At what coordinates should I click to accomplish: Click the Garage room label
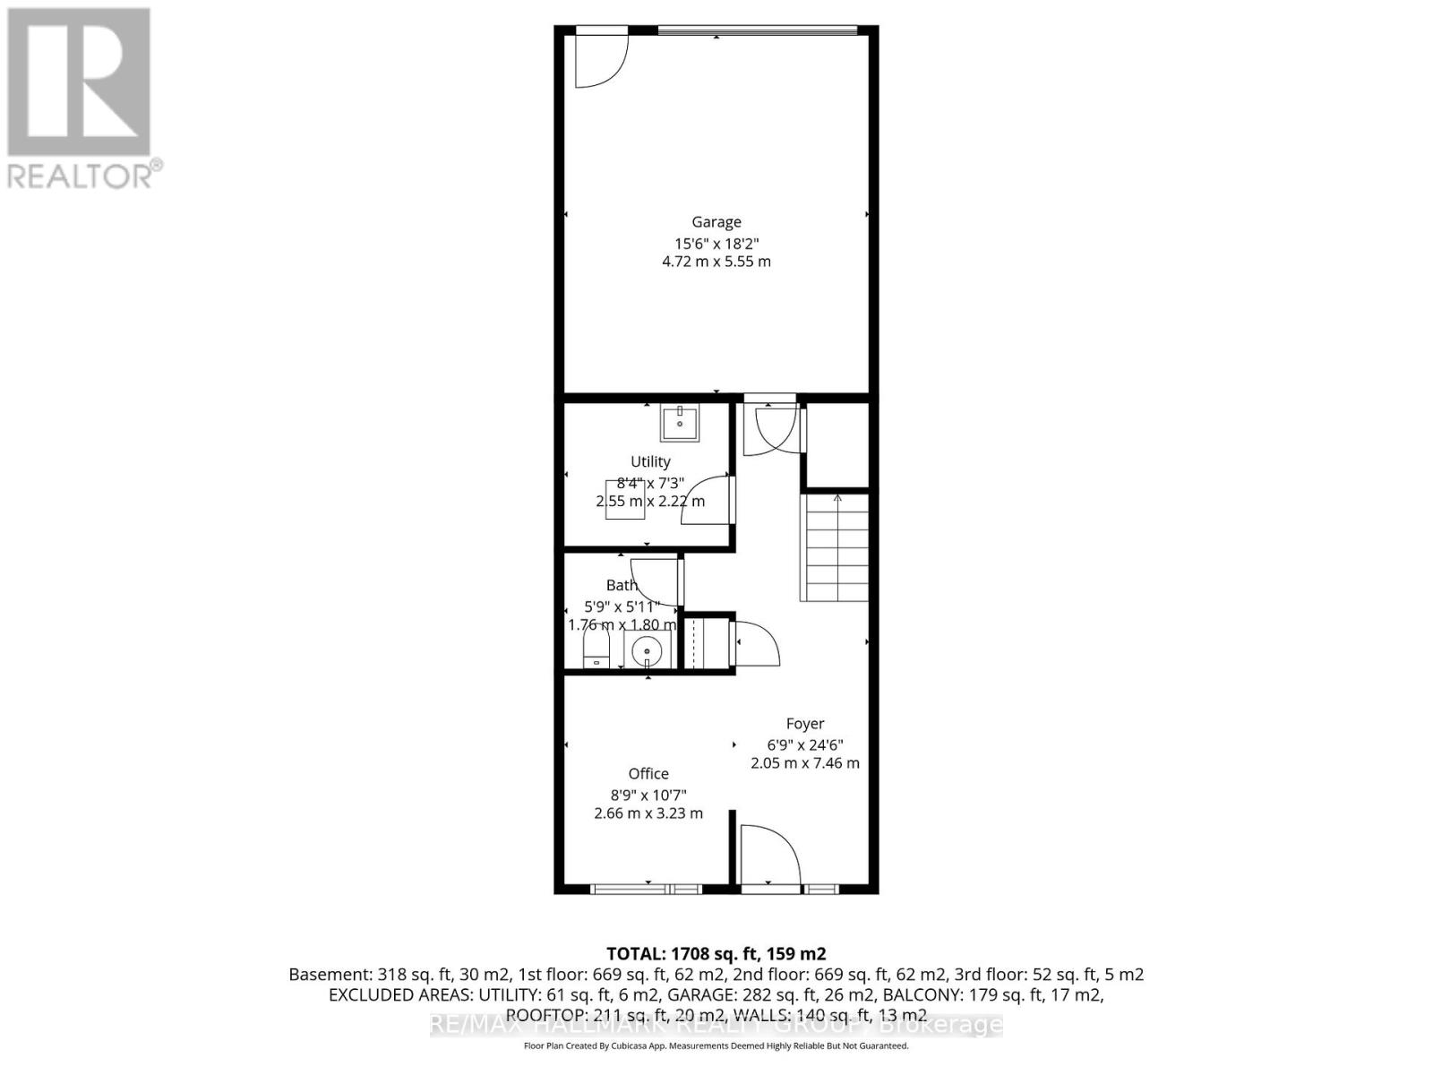716,222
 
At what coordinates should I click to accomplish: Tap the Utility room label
650,461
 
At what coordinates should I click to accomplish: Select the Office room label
648,774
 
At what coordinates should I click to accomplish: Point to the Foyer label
805,724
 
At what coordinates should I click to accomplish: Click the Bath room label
622,585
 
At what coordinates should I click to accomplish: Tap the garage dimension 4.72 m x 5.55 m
716,262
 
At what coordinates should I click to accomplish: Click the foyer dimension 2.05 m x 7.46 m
804,763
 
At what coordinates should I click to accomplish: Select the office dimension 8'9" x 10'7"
648,795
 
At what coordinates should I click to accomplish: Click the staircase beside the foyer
835,547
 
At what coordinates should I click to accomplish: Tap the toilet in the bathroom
596,649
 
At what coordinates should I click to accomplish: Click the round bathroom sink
648,649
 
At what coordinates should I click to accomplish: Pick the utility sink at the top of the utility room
680,423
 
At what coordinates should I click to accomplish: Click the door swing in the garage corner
598,60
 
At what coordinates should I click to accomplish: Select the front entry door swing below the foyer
769,856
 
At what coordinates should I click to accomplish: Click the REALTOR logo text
84,175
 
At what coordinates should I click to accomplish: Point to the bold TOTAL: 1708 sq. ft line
716,954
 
